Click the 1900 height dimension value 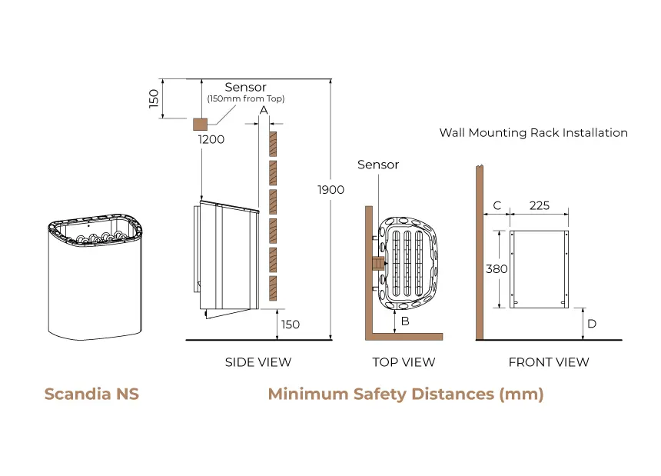tap(331, 189)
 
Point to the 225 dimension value tap(540, 205)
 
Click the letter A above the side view tap(263, 111)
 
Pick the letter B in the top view tap(404, 321)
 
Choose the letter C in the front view tap(497, 205)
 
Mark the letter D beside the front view tap(591, 324)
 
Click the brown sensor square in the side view tap(200, 124)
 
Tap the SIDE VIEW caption tap(257, 362)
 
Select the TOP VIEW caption tap(404, 362)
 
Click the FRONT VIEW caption tap(549, 362)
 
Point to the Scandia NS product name tap(91, 394)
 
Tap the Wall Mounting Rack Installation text tap(533, 132)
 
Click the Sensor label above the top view tap(378, 165)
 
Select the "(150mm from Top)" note tap(245, 99)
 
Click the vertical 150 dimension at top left tap(153, 98)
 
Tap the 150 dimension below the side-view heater tap(290, 325)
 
